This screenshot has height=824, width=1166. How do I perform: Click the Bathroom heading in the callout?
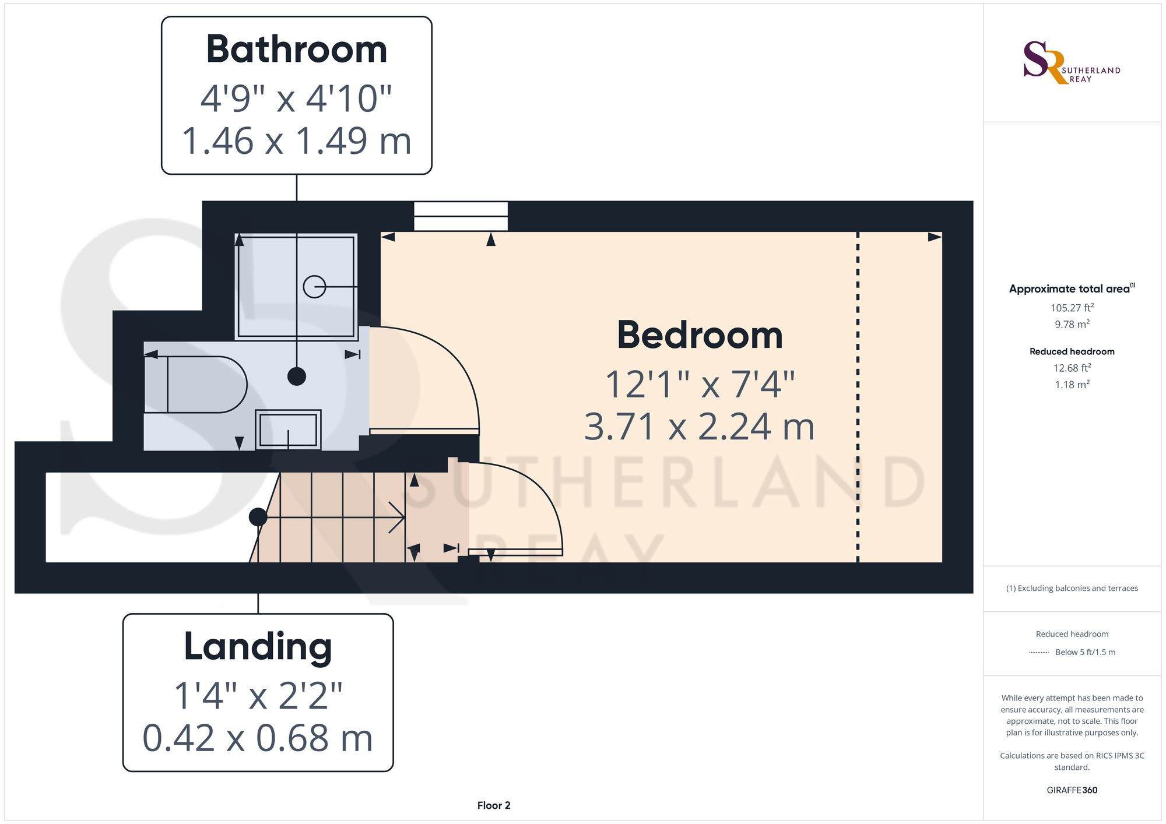pyautogui.click(x=297, y=50)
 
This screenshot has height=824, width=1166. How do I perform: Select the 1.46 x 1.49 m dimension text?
pyautogui.click(x=297, y=141)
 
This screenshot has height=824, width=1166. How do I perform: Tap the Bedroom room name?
pyautogui.click(x=700, y=336)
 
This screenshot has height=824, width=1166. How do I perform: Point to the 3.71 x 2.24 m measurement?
pyautogui.click(x=700, y=427)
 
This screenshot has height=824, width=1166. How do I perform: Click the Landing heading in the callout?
pyautogui.click(x=258, y=647)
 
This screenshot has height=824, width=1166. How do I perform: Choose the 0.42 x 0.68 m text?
pyautogui.click(x=258, y=738)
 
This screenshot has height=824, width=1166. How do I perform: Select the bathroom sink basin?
pyautogui.click(x=288, y=430)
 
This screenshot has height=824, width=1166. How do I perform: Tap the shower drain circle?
pyautogui.click(x=314, y=287)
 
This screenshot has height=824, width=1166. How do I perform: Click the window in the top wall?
pyautogui.click(x=461, y=216)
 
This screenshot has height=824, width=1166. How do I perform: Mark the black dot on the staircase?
pyautogui.click(x=258, y=517)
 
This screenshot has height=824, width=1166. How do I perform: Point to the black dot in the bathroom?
pyautogui.click(x=297, y=376)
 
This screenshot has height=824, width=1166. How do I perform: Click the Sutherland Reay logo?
pyautogui.click(x=1072, y=63)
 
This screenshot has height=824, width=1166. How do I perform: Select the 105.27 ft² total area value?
pyautogui.click(x=1072, y=308)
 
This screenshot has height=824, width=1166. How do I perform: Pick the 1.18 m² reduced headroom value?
pyautogui.click(x=1072, y=385)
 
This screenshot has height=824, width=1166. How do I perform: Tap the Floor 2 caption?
pyautogui.click(x=494, y=805)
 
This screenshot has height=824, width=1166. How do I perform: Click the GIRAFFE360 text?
pyautogui.click(x=1072, y=790)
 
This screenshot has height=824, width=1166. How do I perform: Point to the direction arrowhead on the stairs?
pyautogui.click(x=399, y=517)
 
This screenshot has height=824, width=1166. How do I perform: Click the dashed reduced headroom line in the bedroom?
pyautogui.click(x=858, y=396)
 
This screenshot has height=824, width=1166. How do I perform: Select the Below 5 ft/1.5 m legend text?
pyautogui.click(x=1085, y=652)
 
